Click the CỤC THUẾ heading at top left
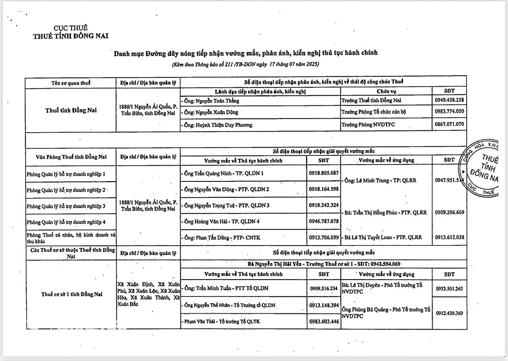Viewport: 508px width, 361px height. [71, 28]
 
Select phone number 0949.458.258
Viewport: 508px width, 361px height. [449, 100]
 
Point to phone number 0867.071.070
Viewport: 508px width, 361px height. [449, 124]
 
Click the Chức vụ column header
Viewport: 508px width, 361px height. [386, 91]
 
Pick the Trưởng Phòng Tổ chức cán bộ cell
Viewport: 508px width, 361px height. [373, 112]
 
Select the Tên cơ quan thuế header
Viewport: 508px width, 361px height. [71, 83]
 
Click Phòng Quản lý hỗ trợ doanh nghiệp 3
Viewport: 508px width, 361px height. [66, 206]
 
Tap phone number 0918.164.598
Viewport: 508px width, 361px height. [324, 189]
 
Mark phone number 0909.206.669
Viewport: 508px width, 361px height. [449, 212]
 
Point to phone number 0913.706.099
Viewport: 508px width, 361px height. [324, 238]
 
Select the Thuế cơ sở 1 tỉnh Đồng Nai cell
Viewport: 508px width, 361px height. [72, 294]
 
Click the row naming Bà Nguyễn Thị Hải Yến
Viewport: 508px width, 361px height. [324, 264]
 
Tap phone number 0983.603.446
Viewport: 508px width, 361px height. [324, 322]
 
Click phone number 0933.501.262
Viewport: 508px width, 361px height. [449, 289]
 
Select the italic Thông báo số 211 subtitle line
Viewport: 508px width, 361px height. [245, 64]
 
